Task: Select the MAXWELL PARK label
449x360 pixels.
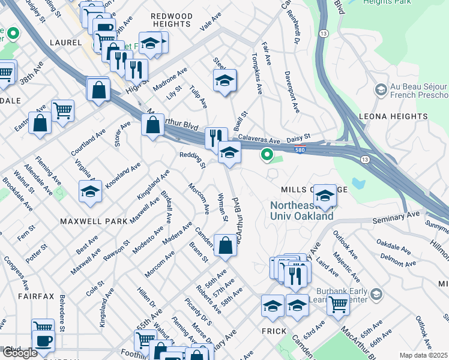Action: (x=94, y=221)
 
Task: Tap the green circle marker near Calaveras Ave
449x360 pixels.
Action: (x=267, y=156)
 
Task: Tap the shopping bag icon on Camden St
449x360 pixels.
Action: (x=225, y=246)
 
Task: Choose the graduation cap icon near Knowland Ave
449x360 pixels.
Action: (x=90, y=191)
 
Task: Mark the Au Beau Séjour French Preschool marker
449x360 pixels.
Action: (x=380, y=90)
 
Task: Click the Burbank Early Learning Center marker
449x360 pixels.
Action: (x=376, y=294)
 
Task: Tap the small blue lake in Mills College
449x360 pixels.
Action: (x=360, y=182)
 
